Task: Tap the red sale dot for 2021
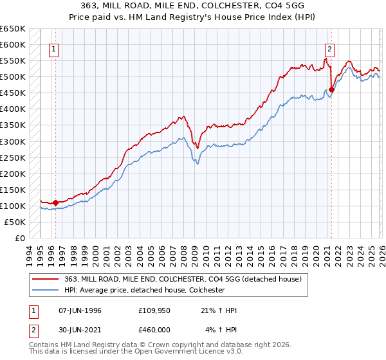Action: pos(332,89)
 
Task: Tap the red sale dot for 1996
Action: pos(56,203)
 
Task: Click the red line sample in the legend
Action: pos(46,278)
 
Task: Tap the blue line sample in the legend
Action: pos(46,290)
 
